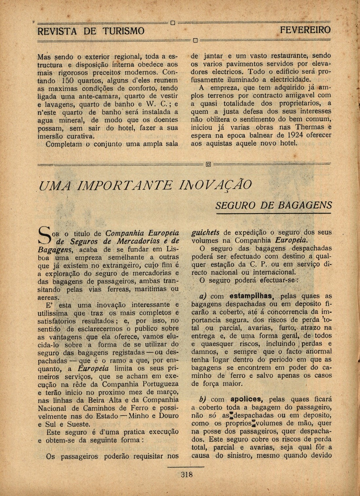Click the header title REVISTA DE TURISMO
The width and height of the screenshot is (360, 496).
[x=91, y=31]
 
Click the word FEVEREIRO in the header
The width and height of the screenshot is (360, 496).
[x=305, y=30]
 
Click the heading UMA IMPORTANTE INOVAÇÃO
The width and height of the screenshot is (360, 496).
[x=145, y=185]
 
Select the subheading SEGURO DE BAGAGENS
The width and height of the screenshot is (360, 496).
[x=274, y=205]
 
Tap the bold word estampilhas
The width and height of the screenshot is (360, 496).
[x=251, y=296]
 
